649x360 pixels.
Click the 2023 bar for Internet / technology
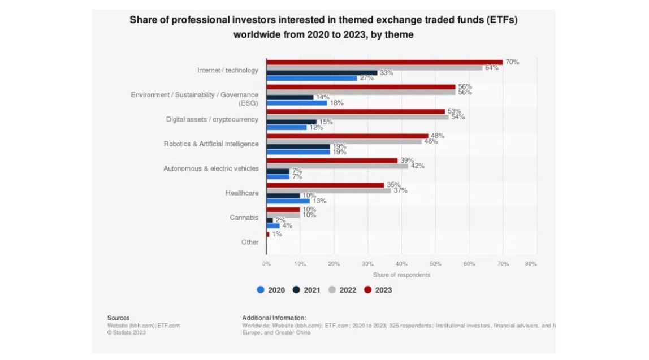(384, 62)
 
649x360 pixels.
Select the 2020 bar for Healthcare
(288, 201)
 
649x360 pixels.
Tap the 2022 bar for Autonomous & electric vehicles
(337, 166)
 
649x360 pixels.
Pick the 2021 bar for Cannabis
(270, 220)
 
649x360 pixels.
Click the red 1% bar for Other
(268, 234)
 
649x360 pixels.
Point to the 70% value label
(512, 62)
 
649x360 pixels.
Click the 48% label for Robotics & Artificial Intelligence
(438, 136)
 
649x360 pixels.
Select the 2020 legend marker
(261, 290)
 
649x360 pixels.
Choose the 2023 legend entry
(378, 290)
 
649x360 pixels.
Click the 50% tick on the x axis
(435, 264)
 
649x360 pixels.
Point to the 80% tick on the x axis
(531, 264)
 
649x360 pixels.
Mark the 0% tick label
(266, 264)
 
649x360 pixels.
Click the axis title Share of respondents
(401, 275)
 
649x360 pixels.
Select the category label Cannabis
(244, 218)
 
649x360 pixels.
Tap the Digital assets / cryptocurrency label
(212, 119)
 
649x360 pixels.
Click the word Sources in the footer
(118, 318)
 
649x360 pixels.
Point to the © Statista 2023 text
(127, 332)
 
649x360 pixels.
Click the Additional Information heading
(274, 318)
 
